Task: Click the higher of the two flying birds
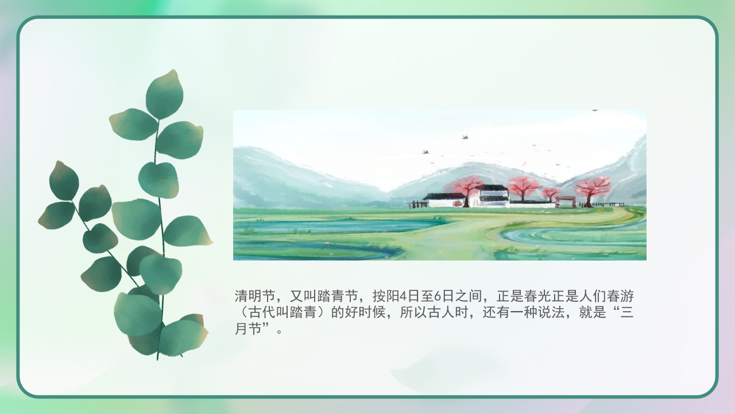coord(465,137)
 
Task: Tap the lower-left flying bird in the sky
coord(425,152)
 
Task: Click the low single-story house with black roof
coord(444,200)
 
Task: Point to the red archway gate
coord(565,201)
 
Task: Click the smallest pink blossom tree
coord(551,193)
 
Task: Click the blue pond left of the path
coord(322,225)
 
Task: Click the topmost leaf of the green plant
coord(164,94)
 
